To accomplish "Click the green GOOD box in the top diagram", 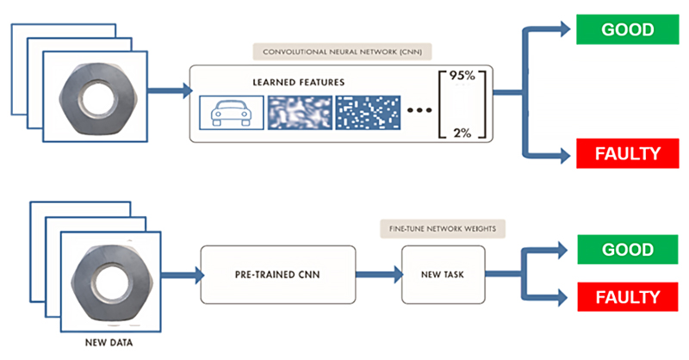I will pyautogui.click(x=627, y=29).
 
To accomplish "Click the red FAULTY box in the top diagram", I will pyautogui.click(x=627, y=155).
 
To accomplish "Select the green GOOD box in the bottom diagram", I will pyautogui.click(x=627, y=250).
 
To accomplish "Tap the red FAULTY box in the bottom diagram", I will pyautogui.click(x=627, y=297).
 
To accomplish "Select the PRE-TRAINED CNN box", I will pyautogui.click(x=277, y=274).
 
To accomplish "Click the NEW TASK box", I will pyautogui.click(x=443, y=274).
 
